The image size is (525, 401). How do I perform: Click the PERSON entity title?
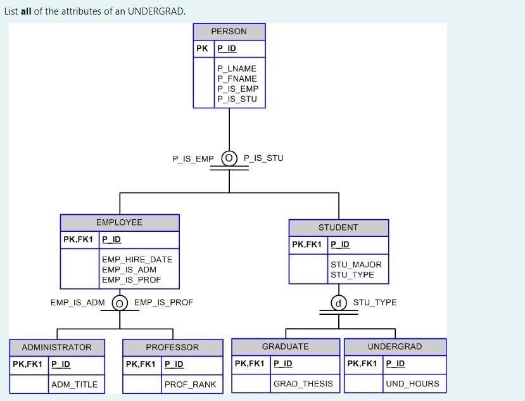pos(229,32)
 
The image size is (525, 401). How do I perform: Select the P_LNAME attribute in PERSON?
pos(236,68)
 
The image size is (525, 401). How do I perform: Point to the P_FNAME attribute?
pos(236,79)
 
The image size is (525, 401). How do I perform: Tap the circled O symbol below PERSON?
pos(229,158)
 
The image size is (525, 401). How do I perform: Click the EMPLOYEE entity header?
pos(119,222)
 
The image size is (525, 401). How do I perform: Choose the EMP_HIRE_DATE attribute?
pos(137,260)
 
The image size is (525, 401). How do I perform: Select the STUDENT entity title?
pos(338,227)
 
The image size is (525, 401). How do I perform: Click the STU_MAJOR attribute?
pos(356,265)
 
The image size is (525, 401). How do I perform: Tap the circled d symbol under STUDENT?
pos(339,303)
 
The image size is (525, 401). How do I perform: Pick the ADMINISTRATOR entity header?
pos(56,347)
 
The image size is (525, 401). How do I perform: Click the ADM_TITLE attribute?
pos(74,385)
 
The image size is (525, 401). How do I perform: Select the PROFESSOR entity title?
pos(172,347)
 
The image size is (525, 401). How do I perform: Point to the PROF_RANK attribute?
pos(190,385)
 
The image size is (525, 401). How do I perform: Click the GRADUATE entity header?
pos(286,347)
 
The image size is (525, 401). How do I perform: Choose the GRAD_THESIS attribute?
pos(303,384)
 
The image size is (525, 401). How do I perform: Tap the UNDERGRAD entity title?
pos(395,347)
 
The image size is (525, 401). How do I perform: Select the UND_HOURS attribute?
pos(412,384)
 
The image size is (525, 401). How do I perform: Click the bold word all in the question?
pos(26,11)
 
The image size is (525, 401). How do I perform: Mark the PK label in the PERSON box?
pos(202,48)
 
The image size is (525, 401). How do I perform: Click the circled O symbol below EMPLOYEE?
pos(120,303)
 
